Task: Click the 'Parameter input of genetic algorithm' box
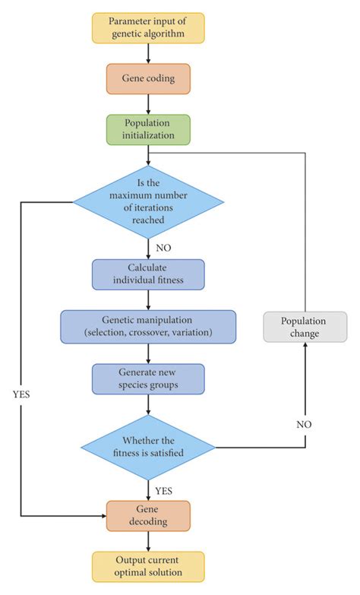[149, 28]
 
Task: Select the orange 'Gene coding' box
[148, 78]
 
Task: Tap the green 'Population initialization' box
[148, 128]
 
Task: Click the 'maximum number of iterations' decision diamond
[148, 201]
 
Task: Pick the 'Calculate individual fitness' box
[148, 275]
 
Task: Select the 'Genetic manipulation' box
[148, 326]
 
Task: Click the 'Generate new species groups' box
[148, 378]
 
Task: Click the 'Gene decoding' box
[148, 514]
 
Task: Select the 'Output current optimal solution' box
[148, 566]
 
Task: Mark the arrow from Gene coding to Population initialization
[148, 103]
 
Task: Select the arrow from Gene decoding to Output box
[148, 541]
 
